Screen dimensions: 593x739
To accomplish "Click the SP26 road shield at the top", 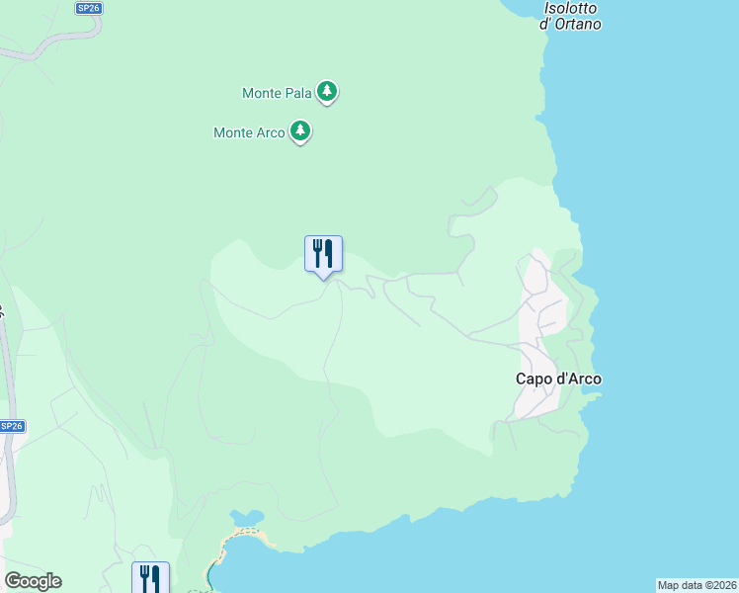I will click(x=88, y=8).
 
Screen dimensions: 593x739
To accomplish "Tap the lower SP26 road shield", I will click(x=12, y=426).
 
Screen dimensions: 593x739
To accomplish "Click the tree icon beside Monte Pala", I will click(x=327, y=93).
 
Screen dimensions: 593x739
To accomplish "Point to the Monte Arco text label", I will click(x=249, y=132).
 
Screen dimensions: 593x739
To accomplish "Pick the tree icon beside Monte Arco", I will click(x=300, y=131).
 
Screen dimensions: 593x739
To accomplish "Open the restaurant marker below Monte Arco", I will click(x=323, y=254).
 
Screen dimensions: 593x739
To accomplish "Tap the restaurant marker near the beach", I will click(x=150, y=577).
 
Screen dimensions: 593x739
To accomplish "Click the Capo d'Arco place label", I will click(x=558, y=379).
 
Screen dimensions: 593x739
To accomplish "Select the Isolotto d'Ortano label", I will click(x=571, y=16).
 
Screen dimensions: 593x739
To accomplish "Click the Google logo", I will click(x=33, y=581).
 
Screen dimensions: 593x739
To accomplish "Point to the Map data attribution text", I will click(x=698, y=585).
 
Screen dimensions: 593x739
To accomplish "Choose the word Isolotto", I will click(x=571, y=8).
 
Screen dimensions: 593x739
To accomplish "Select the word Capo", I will click(x=534, y=379).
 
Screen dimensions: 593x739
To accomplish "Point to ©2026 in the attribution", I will click(x=719, y=585).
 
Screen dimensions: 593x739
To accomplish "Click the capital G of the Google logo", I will click(x=13, y=581).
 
